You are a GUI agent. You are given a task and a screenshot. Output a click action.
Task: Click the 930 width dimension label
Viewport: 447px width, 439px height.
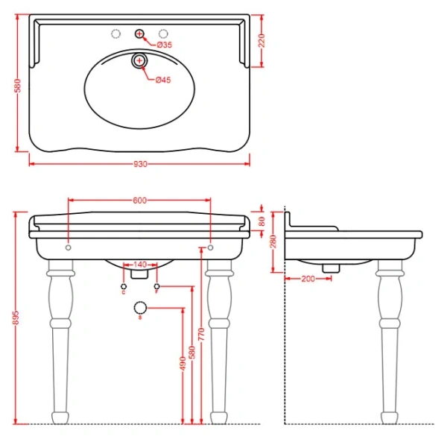[x=139, y=164]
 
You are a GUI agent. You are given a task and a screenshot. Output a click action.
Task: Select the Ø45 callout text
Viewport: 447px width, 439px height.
[x=163, y=80]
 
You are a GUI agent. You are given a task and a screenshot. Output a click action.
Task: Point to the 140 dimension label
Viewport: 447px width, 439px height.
[x=139, y=265]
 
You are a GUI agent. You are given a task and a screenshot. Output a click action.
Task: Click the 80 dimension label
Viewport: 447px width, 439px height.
[x=261, y=221]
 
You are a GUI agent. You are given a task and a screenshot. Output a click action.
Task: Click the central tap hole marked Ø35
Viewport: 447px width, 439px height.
[x=139, y=34]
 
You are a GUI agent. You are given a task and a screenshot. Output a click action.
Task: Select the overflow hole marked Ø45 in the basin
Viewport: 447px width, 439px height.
[x=139, y=60]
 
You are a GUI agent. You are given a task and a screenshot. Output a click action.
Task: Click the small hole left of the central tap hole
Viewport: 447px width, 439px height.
[x=115, y=34]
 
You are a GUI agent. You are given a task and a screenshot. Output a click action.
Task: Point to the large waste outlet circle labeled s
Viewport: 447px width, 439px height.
[x=139, y=308]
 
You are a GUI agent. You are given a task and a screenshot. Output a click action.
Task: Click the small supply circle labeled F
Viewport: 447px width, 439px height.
[x=156, y=286]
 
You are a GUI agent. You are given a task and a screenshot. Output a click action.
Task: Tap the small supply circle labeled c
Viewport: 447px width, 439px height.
[x=123, y=286]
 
